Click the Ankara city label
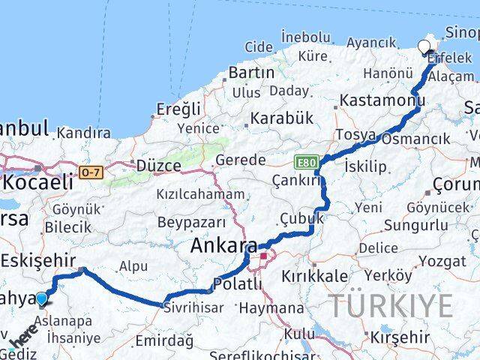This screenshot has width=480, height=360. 223,245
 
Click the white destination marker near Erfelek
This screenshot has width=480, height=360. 424,47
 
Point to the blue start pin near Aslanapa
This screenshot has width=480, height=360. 41,299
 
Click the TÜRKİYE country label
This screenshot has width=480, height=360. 391,306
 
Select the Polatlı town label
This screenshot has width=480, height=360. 238,283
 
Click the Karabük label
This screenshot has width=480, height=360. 280,118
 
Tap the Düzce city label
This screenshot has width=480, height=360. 158,165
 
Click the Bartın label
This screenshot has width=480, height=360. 252,73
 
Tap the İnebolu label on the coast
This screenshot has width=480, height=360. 305,37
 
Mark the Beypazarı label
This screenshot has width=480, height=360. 191,222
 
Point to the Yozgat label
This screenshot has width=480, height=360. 442,262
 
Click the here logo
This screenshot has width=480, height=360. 25,336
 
